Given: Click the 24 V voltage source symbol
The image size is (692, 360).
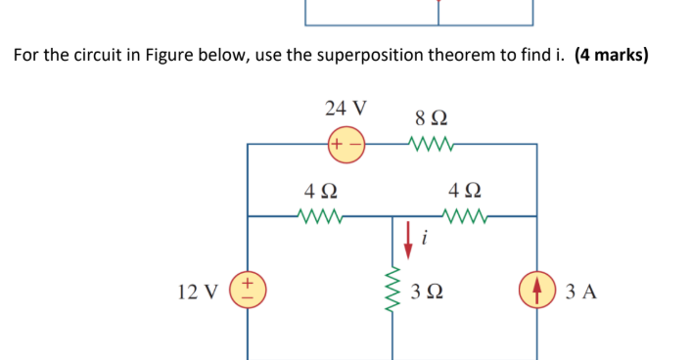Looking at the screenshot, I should tap(346, 144).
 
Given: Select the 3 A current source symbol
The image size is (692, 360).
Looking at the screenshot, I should tap(537, 291).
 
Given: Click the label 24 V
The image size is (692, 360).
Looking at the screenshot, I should tap(346, 108).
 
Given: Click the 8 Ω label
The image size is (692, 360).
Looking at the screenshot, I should tap(432, 118).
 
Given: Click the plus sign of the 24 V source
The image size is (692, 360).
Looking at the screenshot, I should tap(336, 144).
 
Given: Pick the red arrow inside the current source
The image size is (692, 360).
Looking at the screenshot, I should tap(537, 291).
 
